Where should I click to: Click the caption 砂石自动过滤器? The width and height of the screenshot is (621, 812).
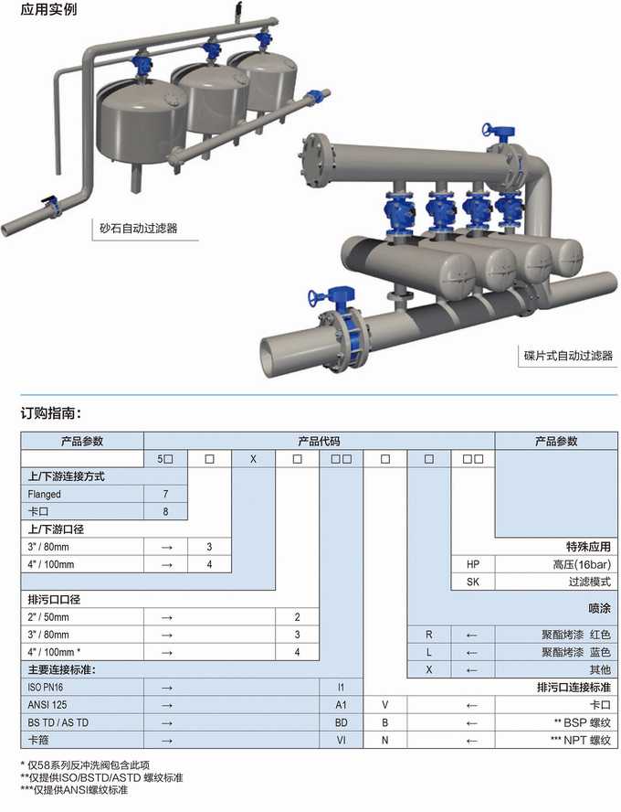pos(138,229)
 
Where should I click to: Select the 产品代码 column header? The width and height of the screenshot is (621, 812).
pos(319,441)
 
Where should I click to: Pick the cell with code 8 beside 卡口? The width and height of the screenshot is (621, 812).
pos(165,511)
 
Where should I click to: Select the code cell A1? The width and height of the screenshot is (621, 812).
pos(341,705)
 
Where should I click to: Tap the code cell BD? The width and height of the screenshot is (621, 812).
pos(341,722)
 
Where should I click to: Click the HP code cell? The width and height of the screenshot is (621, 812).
pos(472,564)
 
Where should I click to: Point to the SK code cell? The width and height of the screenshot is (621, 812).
pos(472,582)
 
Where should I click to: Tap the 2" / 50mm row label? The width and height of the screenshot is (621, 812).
pos(50,616)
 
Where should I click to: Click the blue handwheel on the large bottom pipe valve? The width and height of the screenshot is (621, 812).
pos(320,295)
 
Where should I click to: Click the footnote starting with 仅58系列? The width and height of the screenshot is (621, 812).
pos(84,764)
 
